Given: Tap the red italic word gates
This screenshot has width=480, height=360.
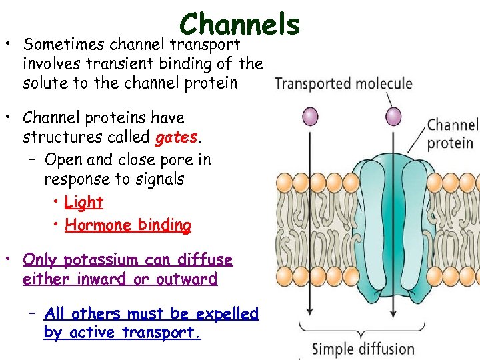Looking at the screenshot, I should (177, 138).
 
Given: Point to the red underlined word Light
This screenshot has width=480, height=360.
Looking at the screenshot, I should (84, 202).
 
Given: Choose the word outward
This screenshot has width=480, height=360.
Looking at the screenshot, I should (187, 279).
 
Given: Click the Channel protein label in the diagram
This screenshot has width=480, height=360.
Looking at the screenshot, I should (452, 134).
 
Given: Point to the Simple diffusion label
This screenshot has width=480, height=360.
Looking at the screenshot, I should (363, 349).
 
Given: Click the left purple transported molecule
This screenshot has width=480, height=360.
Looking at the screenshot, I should (311, 117).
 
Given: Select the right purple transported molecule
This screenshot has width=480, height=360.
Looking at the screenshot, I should (394, 117).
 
